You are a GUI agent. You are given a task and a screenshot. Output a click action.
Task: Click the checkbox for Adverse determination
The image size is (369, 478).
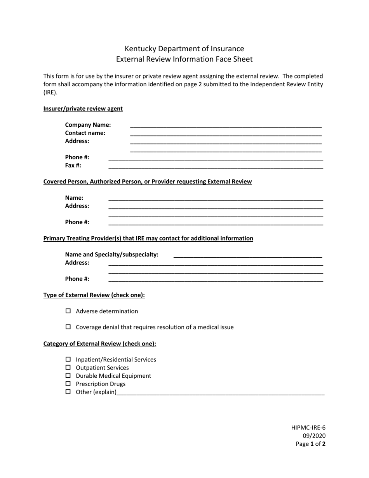tap(68, 311)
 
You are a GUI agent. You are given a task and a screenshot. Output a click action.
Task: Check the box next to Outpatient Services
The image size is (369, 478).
tap(68, 368)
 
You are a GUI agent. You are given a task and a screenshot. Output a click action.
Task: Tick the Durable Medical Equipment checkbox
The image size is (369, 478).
tap(68, 376)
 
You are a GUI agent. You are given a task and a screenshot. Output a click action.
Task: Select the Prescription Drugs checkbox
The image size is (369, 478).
tap(68, 384)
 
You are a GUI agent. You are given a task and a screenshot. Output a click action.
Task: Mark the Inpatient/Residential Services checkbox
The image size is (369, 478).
tap(68, 359)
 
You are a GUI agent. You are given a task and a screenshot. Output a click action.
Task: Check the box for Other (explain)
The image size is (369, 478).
tap(68, 392)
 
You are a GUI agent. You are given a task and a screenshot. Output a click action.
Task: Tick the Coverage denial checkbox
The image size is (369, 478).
tap(68, 327)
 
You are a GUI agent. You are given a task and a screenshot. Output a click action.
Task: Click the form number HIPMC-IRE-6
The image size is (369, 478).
tap(308, 428)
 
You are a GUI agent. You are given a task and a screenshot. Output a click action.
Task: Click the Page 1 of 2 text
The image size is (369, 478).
tap(311, 444)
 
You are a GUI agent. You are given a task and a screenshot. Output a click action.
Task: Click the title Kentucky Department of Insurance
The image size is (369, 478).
tap(184, 49)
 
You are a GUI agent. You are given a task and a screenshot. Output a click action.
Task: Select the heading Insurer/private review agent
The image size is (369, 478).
tap(83, 109)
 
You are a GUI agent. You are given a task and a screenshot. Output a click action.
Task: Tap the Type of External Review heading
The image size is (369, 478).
tap(94, 295)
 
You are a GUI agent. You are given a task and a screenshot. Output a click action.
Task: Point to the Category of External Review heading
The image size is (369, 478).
tap(100, 344)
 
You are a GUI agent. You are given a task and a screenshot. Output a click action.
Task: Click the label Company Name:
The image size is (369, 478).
tap(88, 125)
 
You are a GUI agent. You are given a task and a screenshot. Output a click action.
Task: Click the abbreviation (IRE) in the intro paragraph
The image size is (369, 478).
tap(50, 92)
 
